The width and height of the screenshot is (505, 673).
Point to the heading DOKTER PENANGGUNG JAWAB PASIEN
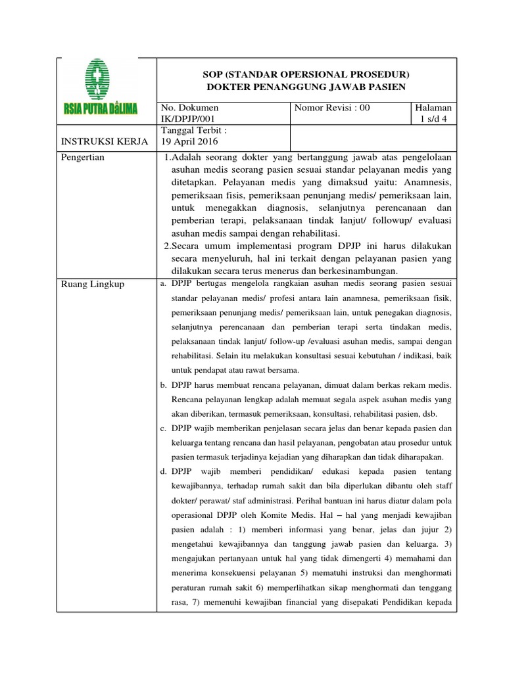306,87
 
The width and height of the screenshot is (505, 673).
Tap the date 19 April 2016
190,142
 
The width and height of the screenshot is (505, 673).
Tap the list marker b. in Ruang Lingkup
163,384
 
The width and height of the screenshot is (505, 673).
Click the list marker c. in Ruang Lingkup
163,429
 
